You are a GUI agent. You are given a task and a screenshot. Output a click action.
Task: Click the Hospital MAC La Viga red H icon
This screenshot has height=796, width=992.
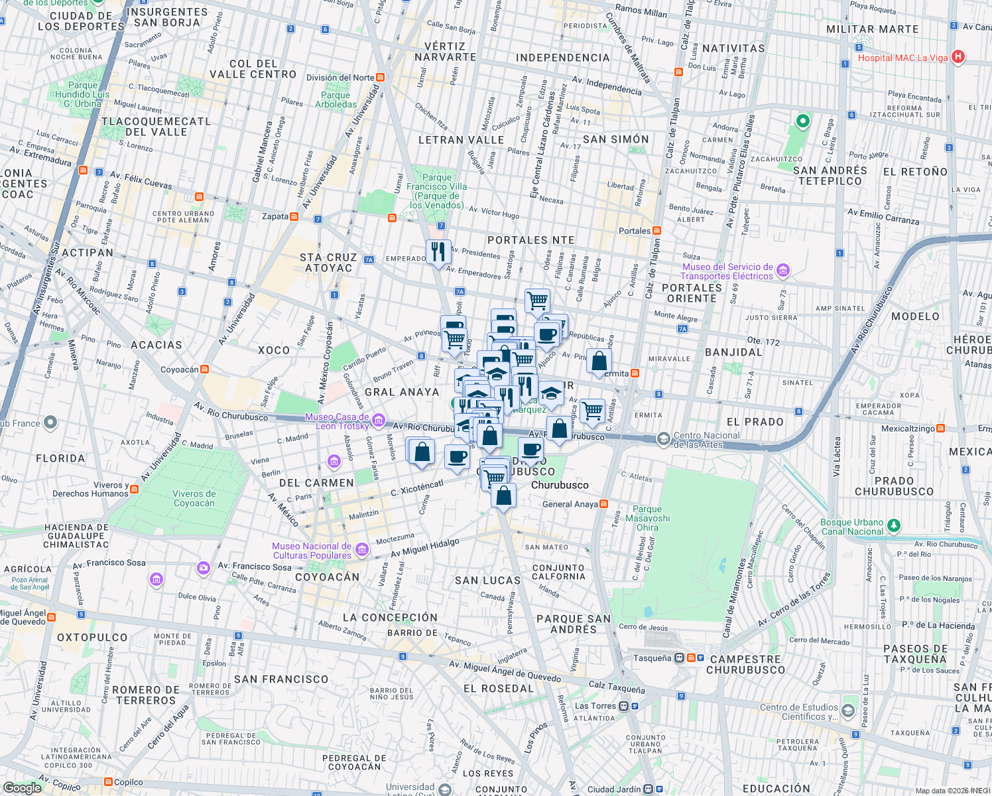tap(958, 57)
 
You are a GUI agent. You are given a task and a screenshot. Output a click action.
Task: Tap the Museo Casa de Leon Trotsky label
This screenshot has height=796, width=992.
tap(337, 421)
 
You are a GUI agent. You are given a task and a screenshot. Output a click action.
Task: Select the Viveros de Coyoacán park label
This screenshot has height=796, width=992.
tap(194, 498)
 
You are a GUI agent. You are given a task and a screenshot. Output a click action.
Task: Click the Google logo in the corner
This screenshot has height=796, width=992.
tap(22, 787)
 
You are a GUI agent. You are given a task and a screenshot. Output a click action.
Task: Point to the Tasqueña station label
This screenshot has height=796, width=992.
tap(652, 658)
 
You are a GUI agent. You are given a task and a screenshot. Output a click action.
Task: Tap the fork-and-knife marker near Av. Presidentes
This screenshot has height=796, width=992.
tap(438, 252)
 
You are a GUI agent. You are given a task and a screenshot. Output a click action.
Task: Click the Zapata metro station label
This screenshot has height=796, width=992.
tap(275, 216)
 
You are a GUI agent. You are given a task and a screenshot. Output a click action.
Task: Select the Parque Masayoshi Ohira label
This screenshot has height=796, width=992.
tap(647, 518)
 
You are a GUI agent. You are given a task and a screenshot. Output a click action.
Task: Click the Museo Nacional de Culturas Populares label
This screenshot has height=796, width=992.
tap(312, 551)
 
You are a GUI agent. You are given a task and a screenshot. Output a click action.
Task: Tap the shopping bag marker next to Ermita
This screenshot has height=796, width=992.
tap(599, 362)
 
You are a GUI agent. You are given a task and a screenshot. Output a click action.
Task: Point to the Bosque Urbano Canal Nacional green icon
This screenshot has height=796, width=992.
tap(894, 525)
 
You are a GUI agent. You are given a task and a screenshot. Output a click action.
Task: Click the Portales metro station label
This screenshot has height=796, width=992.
tap(635, 231)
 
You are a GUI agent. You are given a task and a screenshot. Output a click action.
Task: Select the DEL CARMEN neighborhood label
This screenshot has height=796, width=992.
tap(316, 483)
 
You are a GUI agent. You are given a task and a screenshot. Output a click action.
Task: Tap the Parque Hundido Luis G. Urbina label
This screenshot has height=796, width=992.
tap(82, 94)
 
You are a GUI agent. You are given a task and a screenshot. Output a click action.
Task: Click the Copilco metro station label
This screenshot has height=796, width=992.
tap(128, 782)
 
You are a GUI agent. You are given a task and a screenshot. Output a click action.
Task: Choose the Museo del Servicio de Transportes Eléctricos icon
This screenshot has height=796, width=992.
tap(783, 270)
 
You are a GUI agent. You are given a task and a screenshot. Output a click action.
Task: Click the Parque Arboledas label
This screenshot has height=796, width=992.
tap(336, 99)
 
